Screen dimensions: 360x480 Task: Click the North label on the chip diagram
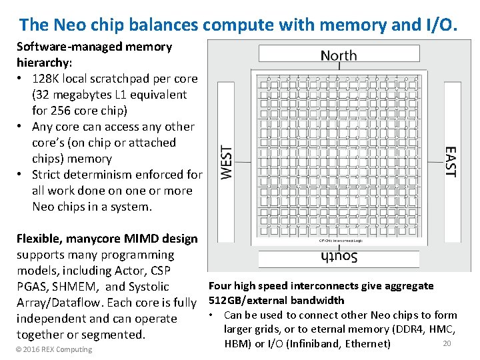pos(338,55)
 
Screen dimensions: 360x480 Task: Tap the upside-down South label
pos(338,257)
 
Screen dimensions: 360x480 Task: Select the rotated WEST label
pos(227,162)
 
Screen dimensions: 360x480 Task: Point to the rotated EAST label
pos(450,162)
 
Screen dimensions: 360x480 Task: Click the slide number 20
pos(447,343)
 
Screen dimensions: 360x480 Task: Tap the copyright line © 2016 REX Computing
pos(54,349)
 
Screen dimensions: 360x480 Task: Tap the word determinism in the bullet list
pos(99,175)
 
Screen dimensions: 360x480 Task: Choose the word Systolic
pos(149,287)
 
